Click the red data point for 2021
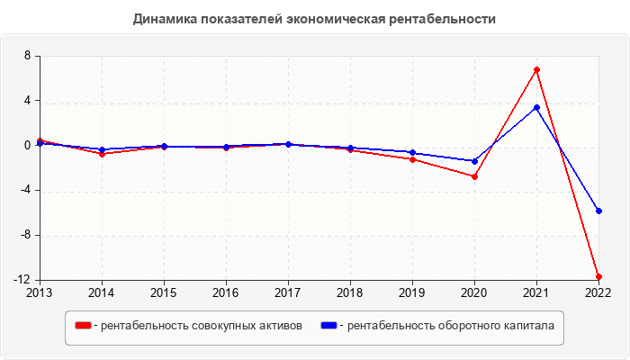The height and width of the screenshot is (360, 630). (536, 69)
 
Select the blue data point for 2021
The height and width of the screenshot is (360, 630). (536, 107)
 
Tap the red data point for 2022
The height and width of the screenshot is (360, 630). (598, 276)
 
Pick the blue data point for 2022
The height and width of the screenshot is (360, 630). (598, 211)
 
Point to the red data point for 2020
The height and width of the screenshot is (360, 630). (474, 176)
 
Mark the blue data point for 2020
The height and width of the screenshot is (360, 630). (474, 161)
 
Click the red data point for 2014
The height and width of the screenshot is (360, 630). (102, 154)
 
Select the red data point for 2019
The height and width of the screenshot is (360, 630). (412, 159)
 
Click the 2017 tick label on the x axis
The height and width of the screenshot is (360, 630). (288, 292)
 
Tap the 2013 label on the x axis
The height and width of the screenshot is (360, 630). (40, 292)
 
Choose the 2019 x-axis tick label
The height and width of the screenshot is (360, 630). (412, 292)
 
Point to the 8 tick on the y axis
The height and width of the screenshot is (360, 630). (27, 56)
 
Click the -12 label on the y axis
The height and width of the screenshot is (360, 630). (22, 280)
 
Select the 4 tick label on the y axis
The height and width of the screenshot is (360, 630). (27, 101)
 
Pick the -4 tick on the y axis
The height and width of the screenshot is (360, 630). (24, 191)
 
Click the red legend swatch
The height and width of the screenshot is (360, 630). (83, 325)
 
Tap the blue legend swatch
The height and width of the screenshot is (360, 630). (328, 325)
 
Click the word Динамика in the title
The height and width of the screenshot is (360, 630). (163, 18)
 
